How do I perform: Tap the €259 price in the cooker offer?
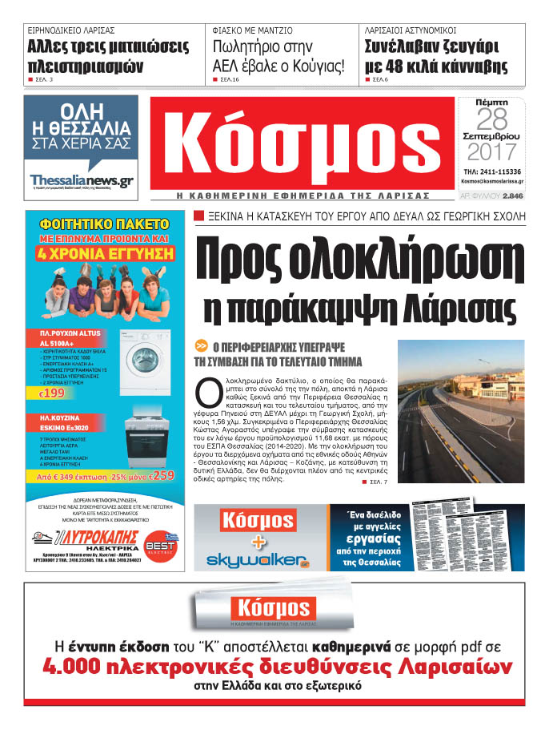[161, 477]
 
